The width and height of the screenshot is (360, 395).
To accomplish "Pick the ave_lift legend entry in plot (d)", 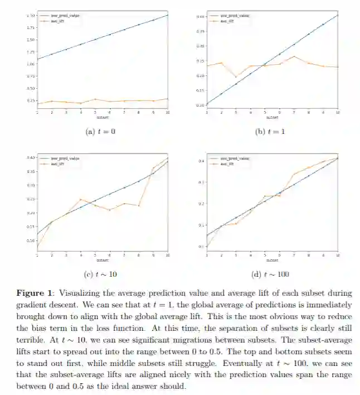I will [227, 163].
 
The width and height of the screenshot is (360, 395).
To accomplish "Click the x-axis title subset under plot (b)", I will [272, 118].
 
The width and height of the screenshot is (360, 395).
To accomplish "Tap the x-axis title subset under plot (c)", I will [102, 260].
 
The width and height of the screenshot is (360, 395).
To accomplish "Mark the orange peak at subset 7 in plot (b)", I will [294, 56].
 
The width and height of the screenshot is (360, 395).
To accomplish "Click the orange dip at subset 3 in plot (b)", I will [236, 76].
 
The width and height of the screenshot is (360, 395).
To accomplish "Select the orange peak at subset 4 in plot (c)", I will [81, 199].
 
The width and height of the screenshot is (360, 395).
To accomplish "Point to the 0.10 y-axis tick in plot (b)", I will [200, 105].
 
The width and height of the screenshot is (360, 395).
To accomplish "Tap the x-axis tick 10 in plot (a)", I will [167, 113].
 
